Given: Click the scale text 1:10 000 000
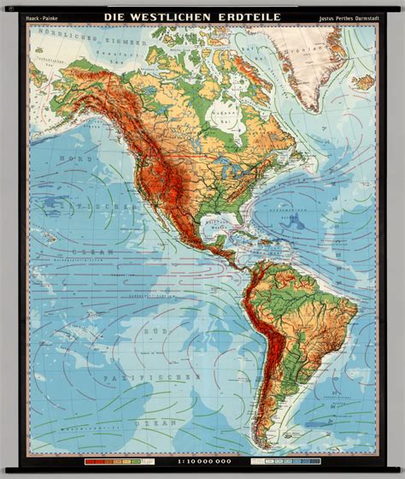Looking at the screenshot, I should point(202,463).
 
